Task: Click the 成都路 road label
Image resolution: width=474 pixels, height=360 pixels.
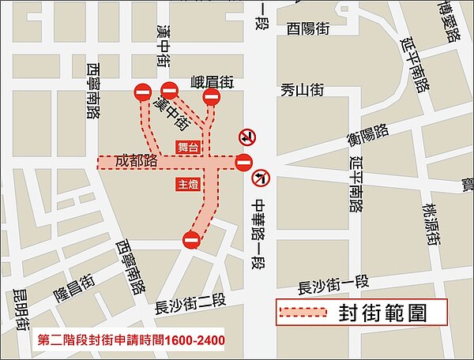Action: pos(137,161)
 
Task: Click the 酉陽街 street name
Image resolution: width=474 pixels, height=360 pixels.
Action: pos(308,28)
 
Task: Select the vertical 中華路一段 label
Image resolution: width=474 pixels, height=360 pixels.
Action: pos(258,233)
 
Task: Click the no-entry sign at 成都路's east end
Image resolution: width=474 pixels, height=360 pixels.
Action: pos(243,163)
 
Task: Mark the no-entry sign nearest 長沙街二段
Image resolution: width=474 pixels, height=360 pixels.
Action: pos(191,239)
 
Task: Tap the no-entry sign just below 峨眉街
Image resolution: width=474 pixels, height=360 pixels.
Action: pos(212,97)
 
